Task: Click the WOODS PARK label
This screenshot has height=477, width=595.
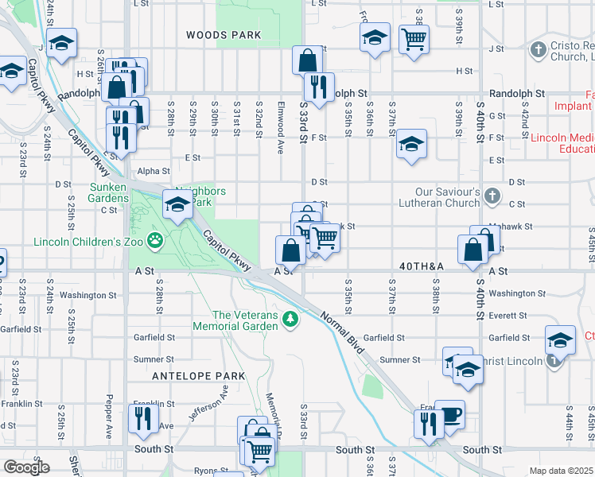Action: point(224,35)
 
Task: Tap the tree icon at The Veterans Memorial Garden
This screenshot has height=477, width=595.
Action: point(291,319)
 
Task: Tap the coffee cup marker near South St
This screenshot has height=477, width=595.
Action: point(449,414)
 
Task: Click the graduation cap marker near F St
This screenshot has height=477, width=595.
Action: point(411,145)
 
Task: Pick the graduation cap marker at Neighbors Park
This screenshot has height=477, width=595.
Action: point(177,205)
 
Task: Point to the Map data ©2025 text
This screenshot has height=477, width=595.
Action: point(562,471)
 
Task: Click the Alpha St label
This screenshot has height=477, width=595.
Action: point(154,171)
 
